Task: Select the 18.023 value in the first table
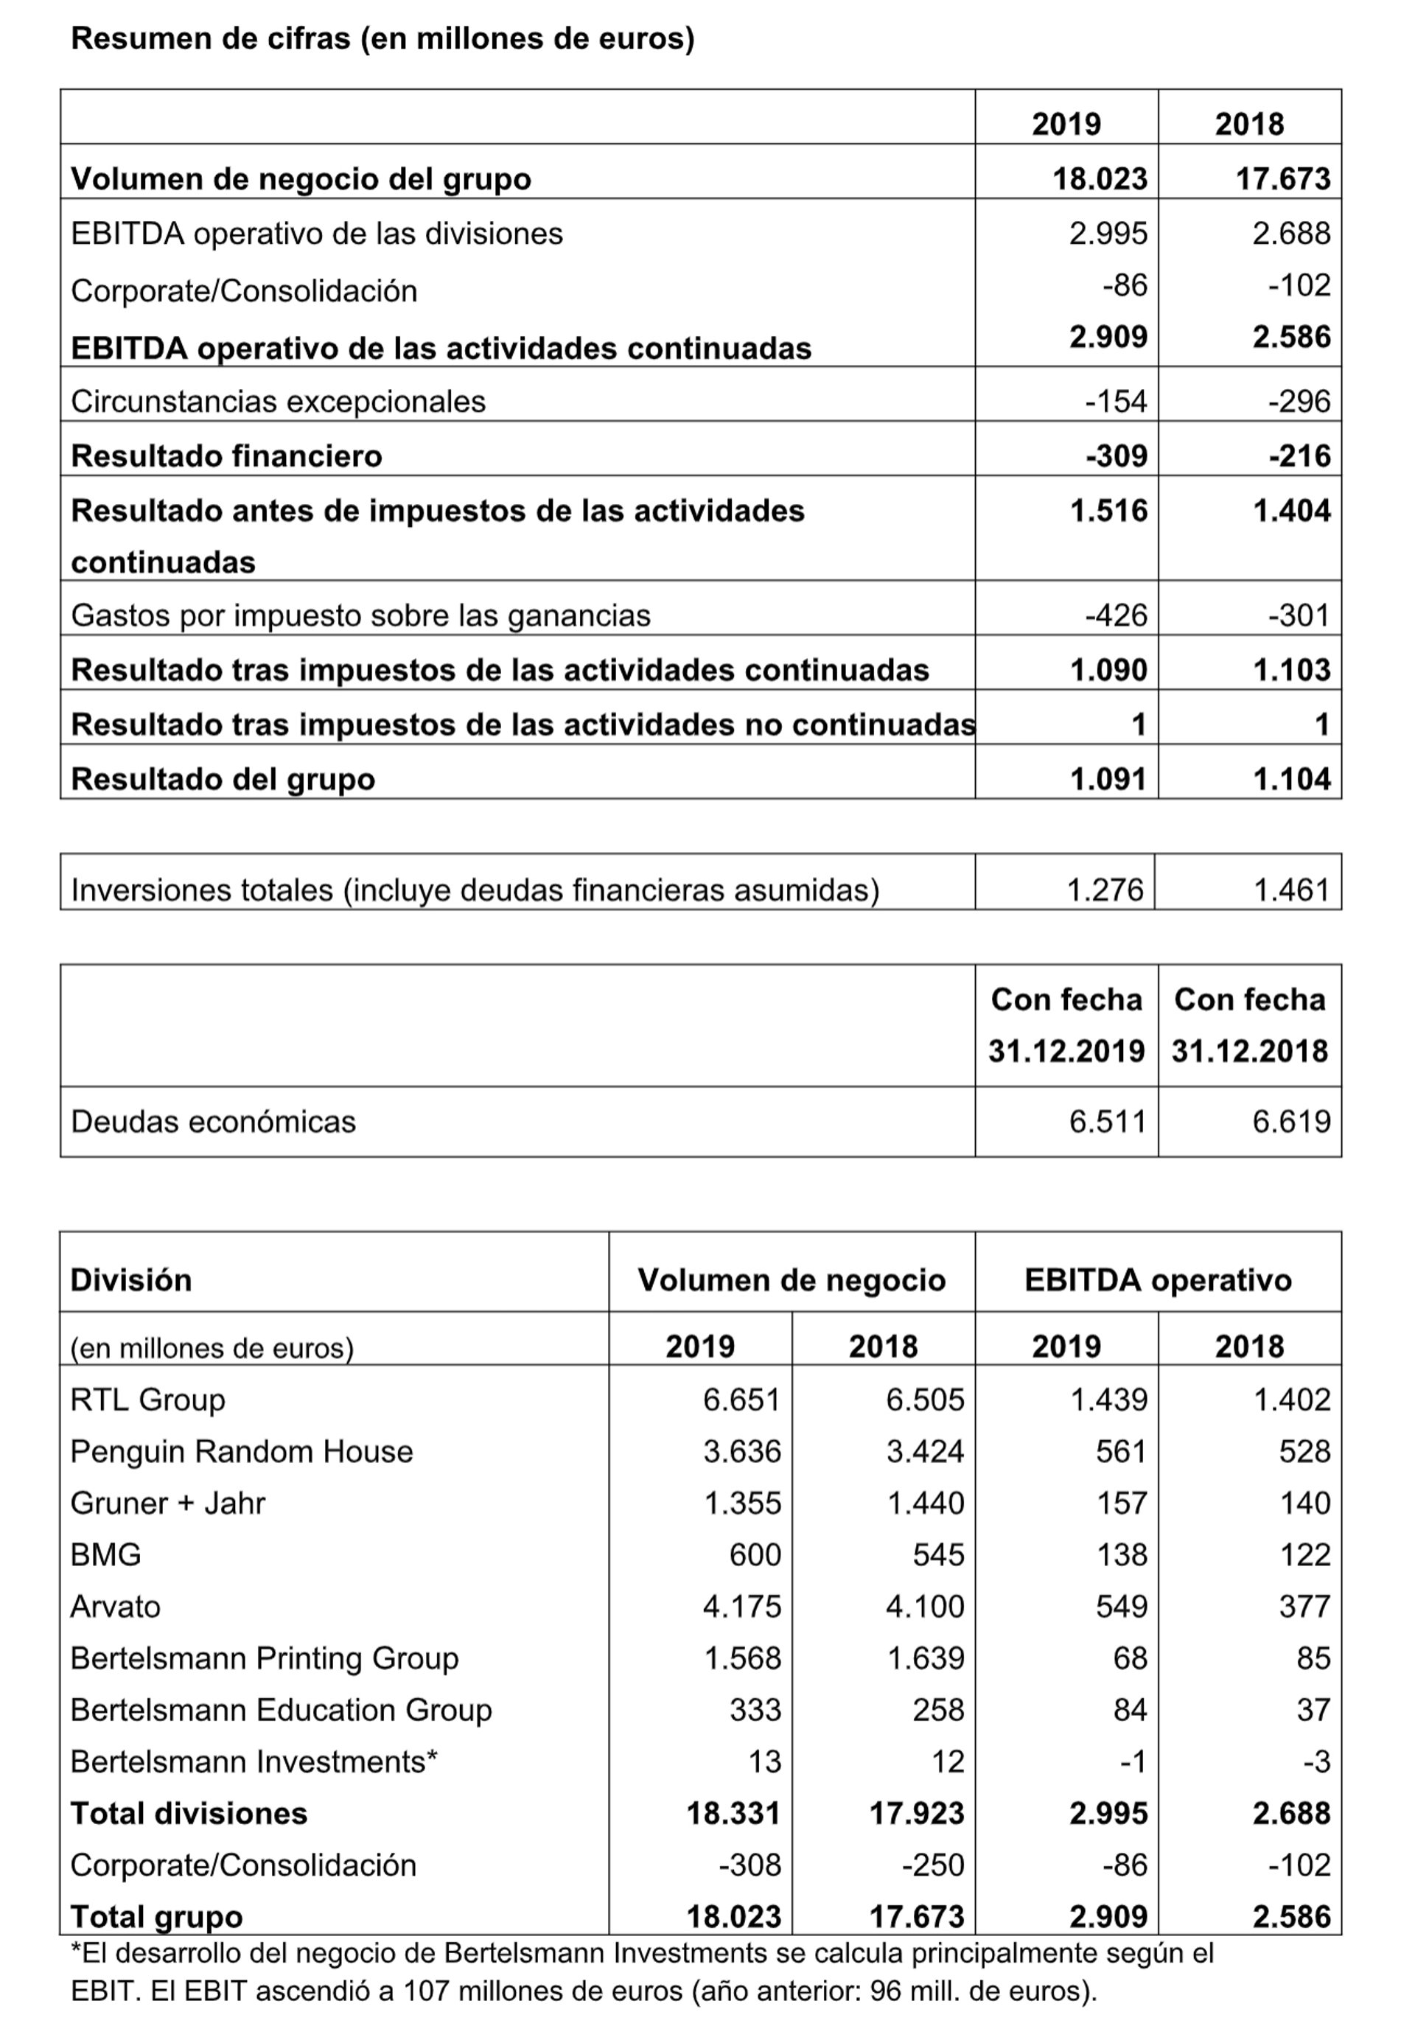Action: click(1100, 178)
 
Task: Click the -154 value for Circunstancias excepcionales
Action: click(1117, 401)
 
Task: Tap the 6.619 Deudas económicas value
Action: click(1291, 1121)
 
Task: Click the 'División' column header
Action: click(131, 1279)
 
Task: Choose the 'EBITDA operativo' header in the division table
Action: click(1157, 1279)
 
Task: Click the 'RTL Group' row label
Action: click(148, 1400)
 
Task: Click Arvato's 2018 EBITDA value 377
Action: click(1304, 1606)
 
